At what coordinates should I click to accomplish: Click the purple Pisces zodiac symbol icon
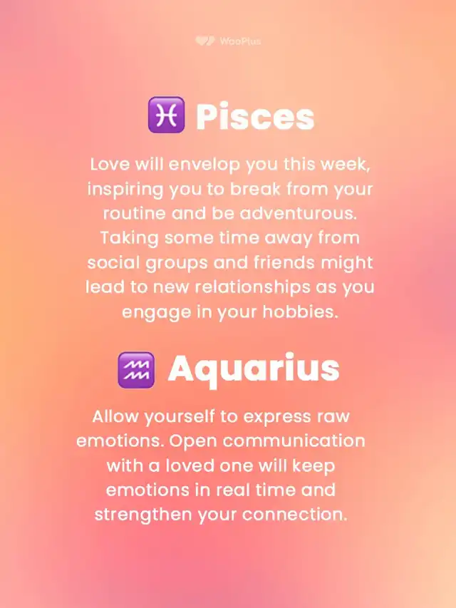166,115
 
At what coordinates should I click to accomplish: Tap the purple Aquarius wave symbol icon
136,370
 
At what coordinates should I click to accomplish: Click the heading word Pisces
255,116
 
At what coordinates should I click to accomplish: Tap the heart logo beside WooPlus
205,41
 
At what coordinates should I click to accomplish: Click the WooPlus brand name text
240,41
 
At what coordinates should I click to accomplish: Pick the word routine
134,214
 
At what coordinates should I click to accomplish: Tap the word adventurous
299,214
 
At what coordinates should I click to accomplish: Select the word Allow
115,417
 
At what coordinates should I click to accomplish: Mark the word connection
295,515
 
